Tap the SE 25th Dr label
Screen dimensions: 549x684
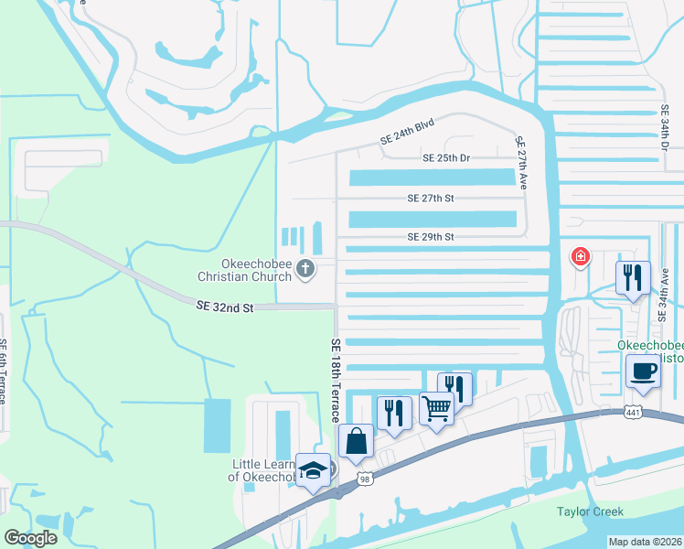pos(446,158)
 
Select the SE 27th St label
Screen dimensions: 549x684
pos(431,198)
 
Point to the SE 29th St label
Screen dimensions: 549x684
pos(431,237)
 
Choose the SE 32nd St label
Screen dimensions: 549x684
pos(224,308)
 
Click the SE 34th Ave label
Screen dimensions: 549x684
pos(664,290)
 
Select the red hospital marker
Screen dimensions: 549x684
pos(580,256)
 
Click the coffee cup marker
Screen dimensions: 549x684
pos(643,371)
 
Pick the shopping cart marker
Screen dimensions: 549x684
pos(437,408)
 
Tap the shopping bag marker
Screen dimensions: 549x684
pos(356,441)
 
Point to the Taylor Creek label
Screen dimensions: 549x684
pos(591,512)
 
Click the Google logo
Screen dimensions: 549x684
pos(31,538)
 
